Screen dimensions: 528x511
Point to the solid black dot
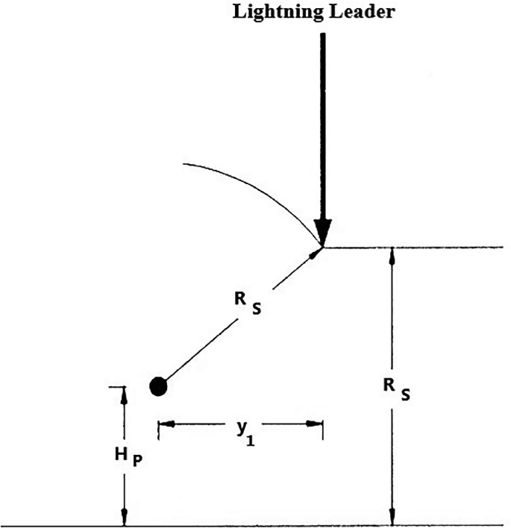[x=158, y=386]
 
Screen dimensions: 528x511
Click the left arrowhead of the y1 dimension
[x=163, y=424]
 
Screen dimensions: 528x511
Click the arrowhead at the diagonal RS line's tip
[x=317, y=251]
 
